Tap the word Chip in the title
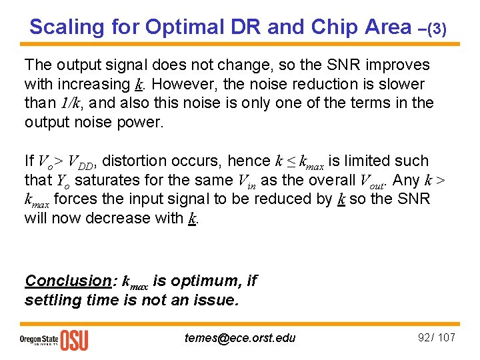click(329, 27)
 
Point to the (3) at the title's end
click(436, 29)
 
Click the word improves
click(396, 65)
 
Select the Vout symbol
click(373, 181)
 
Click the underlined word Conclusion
click(67, 281)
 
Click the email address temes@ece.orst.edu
click(240, 337)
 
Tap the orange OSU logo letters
click(74, 339)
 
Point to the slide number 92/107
click(437, 337)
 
